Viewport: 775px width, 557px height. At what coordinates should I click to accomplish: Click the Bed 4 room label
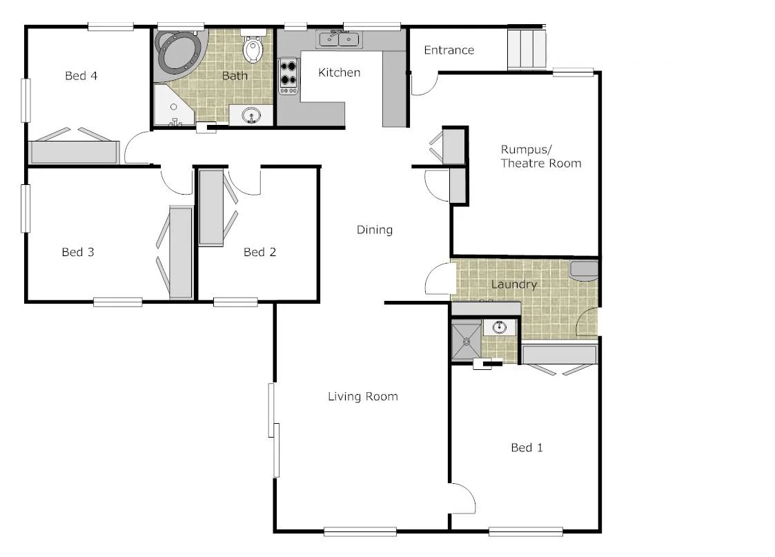pos(81,76)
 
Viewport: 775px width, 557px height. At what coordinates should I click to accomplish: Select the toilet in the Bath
pos(253,49)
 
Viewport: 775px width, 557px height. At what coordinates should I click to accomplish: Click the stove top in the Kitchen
pos(289,77)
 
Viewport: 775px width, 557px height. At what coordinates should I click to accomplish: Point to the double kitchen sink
pos(339,39)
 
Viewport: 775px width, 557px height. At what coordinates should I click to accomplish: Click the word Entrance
pos(449,50)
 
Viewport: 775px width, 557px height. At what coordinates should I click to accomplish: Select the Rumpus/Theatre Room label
pos(540,156)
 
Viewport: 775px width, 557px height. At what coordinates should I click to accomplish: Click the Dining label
pos(374,230)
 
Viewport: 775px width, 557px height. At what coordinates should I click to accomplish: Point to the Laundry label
pos(513,284)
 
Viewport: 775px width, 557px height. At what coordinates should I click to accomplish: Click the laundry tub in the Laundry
pos(584,271)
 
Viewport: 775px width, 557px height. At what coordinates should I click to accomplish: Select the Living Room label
pos(362,396)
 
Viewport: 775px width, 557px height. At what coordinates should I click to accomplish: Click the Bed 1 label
pos(527,448)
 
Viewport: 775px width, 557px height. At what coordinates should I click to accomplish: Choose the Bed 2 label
pos(259,253)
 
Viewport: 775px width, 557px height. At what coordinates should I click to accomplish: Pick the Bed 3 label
pos(77,253)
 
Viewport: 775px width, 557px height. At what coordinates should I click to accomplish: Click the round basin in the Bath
pos(251,116)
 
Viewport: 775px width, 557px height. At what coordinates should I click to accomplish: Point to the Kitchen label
pos(339,72)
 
